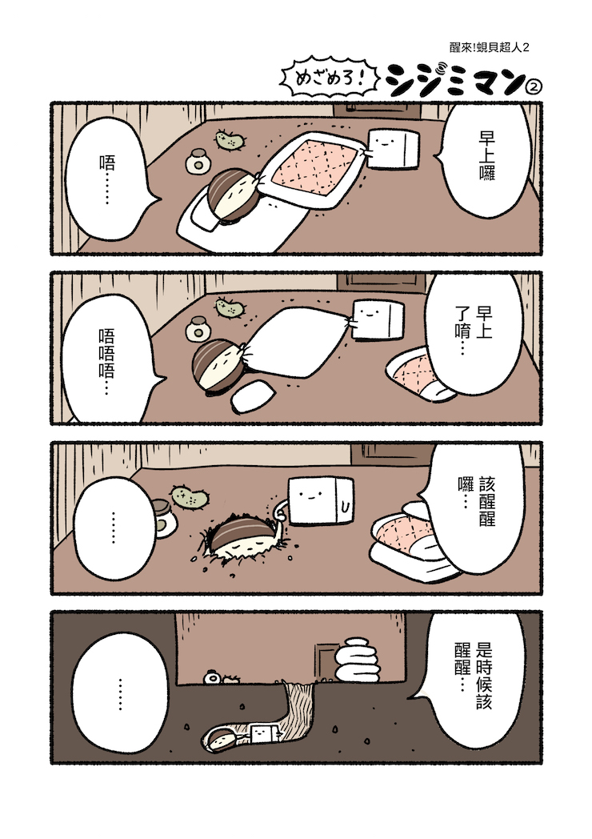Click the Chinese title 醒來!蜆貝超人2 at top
tap(490, 47)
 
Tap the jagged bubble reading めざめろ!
tap(330, 79)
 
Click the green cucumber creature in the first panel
tap(230, 140)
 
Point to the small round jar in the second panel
tap(198, 329)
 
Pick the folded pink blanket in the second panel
tap(417, 373)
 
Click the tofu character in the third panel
tap(321, 500)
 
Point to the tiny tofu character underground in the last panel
tap(262, 733)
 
